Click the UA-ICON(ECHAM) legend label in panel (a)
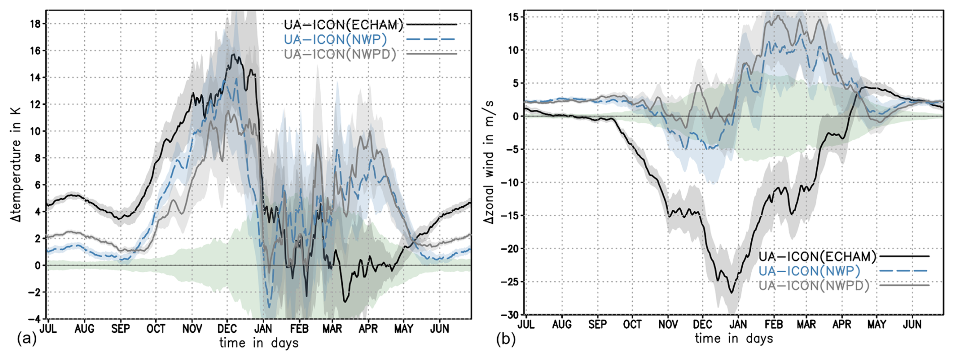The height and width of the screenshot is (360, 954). pos(343,25)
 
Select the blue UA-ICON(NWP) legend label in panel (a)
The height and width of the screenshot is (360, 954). pos(335,39)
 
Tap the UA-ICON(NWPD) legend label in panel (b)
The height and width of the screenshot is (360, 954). pos(814,285)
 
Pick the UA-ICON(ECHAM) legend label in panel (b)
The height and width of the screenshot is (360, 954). pos(817,256)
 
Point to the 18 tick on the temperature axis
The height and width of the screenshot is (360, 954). pos(35,24)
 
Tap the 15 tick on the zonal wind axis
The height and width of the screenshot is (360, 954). pos(513,17)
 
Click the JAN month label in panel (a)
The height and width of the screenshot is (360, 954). pos(263,329)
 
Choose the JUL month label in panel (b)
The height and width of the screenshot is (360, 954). pos(526,325)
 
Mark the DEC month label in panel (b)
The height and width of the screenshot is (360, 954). pos(702,325)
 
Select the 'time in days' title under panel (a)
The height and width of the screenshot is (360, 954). pos(259,343)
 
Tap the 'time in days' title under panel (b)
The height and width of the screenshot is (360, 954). pos(734,338)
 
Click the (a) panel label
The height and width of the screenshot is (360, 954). pos(27,339)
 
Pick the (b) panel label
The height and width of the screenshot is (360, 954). pos(506,339)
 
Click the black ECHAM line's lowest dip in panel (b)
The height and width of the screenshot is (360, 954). pos(732,292)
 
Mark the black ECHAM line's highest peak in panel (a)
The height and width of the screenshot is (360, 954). pos(233,55)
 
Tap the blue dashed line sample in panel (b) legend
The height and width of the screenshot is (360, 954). pos(903,271)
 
